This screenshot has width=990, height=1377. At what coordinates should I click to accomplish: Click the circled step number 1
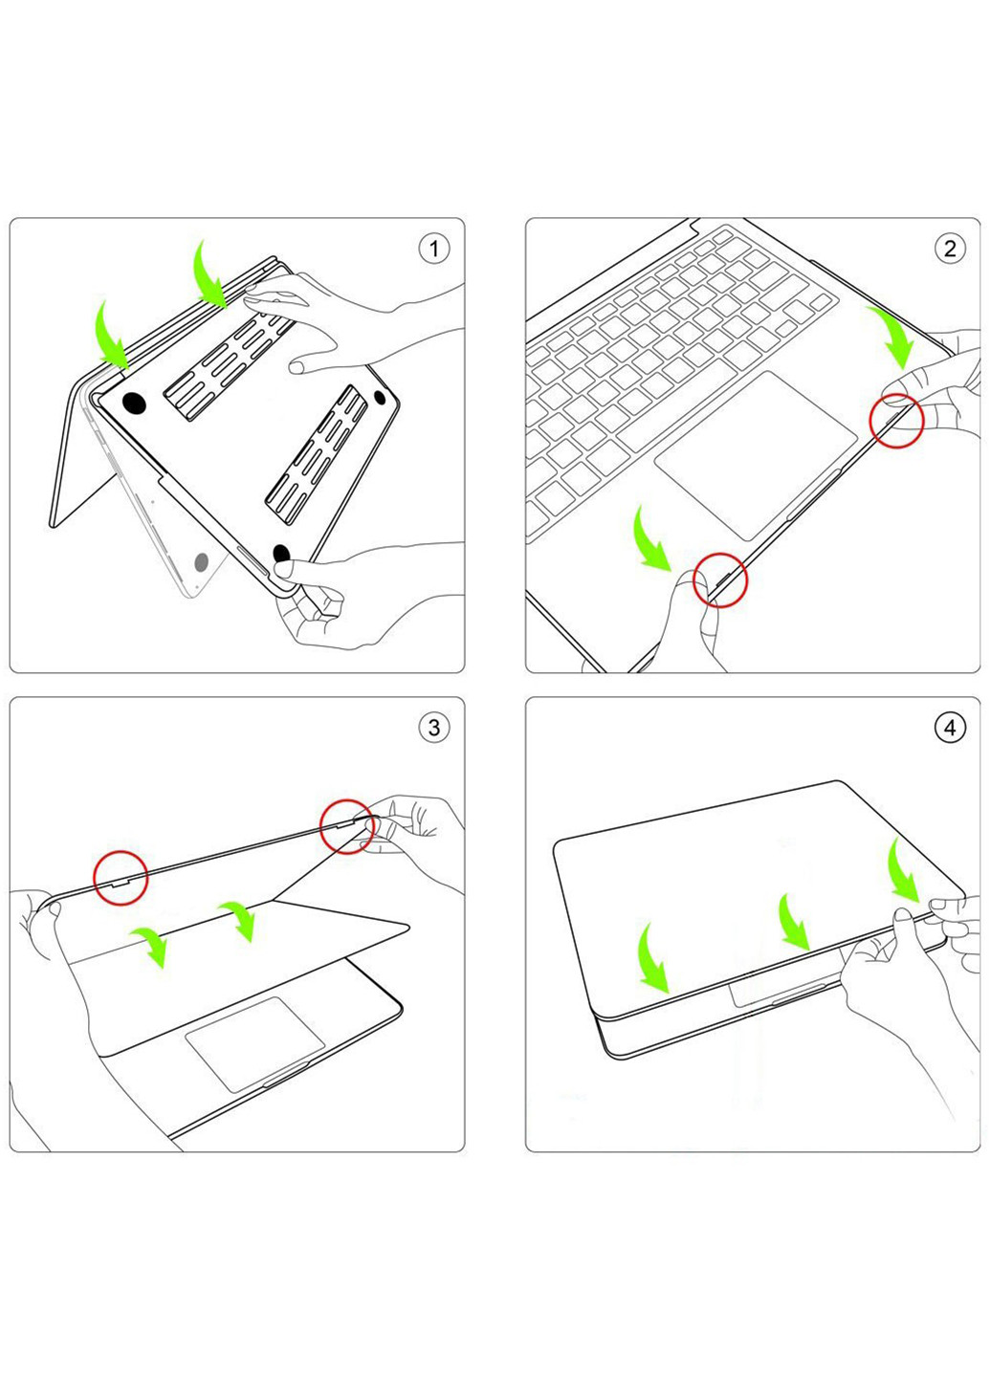coord(433,250)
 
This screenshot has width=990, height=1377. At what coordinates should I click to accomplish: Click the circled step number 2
coord(949,250)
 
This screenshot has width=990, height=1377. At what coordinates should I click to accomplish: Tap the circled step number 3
coord(433,728)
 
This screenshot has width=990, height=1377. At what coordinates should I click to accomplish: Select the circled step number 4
coord(949,728)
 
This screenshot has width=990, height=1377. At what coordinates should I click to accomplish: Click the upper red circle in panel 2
coord(897,421)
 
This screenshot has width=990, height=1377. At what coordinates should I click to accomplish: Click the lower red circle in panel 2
coord(720,579)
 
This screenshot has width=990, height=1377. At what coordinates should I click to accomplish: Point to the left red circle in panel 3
coord(121,877)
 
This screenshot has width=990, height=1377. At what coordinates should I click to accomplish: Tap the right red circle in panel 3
coord(346,826)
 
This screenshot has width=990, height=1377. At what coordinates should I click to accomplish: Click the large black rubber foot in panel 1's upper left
coord(135,403)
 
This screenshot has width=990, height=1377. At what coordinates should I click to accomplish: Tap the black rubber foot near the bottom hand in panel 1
coord(282,554)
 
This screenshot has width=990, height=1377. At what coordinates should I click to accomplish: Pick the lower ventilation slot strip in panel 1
coord(317,446)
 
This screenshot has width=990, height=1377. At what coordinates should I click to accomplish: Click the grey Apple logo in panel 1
coord(202,563)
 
